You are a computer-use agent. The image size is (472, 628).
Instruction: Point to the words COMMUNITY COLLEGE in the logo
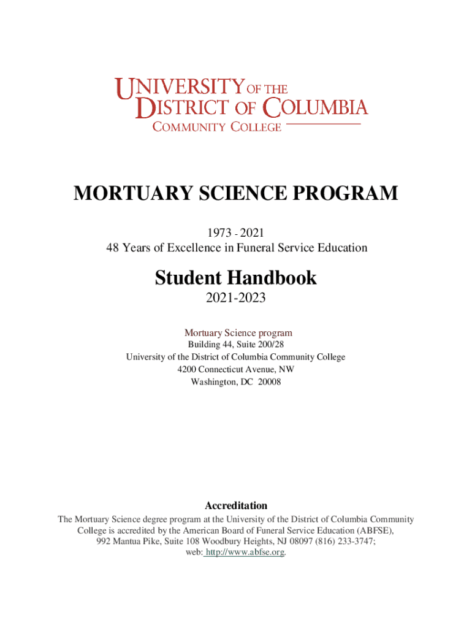[217, 127]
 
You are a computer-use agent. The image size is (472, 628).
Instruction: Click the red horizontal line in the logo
[323, 124]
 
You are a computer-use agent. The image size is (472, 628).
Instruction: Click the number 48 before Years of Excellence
[111, 248]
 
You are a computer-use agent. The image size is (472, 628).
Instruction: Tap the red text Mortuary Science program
[235, 333]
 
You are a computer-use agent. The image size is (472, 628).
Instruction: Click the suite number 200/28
[270, 345]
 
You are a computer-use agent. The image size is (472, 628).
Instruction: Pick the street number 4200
[188, 369]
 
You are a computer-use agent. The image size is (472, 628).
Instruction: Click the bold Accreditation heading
[235, 506]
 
